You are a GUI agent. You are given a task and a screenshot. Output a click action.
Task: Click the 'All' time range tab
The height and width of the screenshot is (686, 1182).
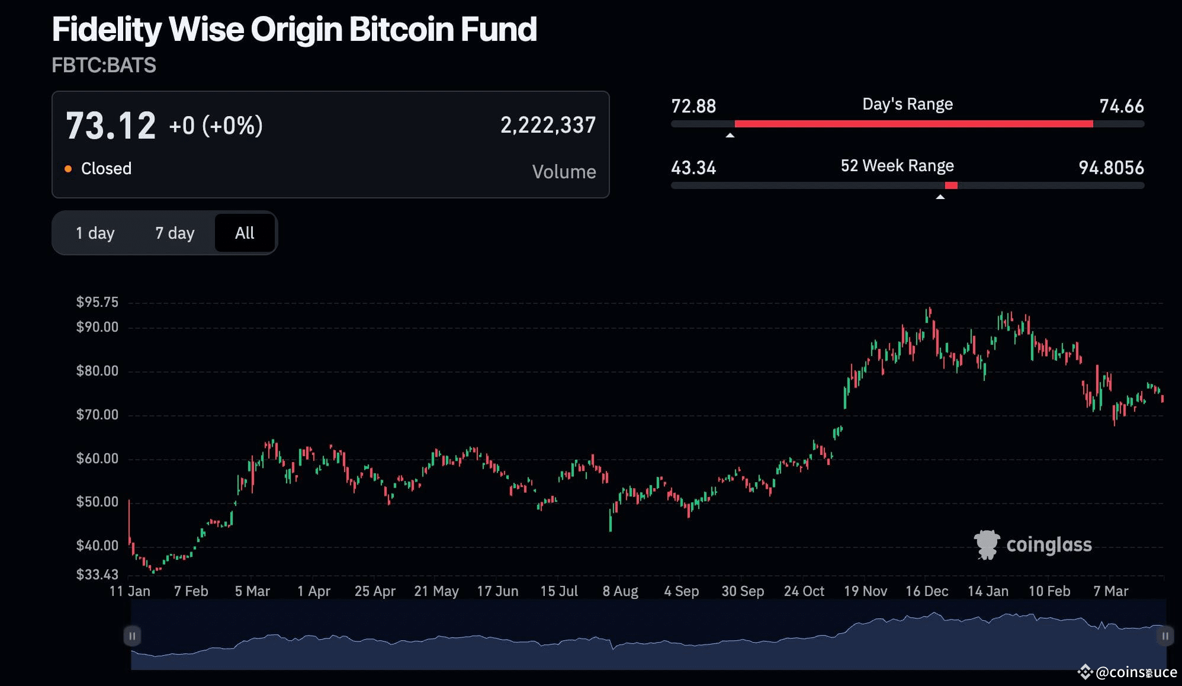245,233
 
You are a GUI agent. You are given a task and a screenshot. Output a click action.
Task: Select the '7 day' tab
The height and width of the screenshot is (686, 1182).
175,233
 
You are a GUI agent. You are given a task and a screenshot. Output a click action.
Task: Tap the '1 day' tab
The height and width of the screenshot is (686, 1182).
95,233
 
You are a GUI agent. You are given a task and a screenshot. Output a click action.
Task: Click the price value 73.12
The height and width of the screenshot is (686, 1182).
111,126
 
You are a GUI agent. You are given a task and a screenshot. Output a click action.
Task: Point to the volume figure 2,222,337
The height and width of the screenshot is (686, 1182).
548,125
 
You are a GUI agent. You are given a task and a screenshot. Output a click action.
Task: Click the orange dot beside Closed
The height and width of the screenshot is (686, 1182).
68,169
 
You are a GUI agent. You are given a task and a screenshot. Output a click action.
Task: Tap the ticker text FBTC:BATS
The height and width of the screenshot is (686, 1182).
104,65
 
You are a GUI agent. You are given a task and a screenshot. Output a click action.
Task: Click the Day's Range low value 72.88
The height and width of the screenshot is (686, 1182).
693,106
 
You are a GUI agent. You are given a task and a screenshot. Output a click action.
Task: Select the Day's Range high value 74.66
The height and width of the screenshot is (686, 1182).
1121,106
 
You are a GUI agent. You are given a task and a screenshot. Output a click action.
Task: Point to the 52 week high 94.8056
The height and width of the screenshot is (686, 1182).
1111,168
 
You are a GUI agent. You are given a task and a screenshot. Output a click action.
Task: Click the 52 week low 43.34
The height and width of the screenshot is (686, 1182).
693,168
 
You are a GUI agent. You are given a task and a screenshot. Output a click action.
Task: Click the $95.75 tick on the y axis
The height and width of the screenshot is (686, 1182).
97,302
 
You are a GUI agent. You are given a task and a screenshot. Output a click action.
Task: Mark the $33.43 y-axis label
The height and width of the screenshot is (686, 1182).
97,574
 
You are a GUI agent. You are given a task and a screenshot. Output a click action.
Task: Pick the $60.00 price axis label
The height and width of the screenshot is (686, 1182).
97,459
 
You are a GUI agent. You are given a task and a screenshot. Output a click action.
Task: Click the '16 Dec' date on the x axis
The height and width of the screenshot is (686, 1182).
927,591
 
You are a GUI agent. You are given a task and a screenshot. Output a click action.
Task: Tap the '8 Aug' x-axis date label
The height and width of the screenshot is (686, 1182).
620,591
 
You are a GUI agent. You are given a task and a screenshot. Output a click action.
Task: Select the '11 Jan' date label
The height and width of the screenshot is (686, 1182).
130,591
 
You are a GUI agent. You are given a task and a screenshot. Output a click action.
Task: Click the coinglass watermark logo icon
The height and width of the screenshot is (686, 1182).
987,544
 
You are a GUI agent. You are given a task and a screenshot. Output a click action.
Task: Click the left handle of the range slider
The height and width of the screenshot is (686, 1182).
132,636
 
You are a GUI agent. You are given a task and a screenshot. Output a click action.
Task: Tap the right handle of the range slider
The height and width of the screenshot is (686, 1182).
1165,636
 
